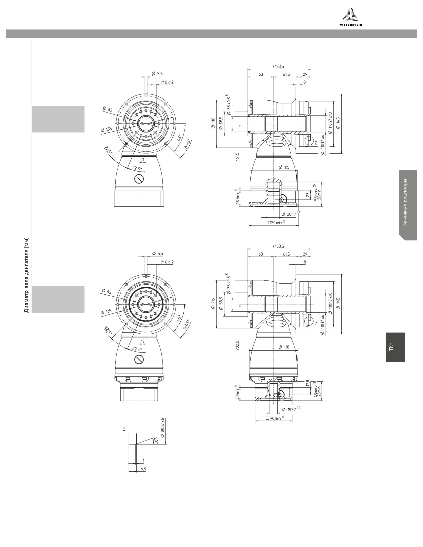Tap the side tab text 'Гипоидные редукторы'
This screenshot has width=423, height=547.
point(405,203)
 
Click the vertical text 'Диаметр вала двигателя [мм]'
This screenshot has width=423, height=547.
point(27,275)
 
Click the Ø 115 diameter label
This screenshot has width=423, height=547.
point(284,167)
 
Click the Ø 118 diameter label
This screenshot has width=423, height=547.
point(284,347)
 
